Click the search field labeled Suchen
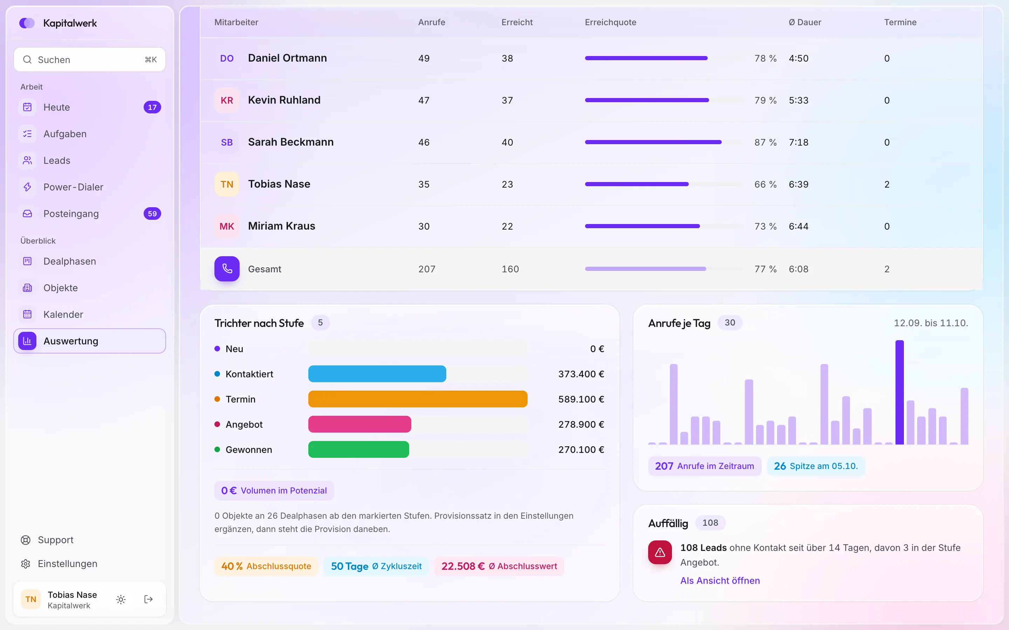90,59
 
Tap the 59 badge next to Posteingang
152,214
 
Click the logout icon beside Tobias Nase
149,599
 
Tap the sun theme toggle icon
121,599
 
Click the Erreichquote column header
610,22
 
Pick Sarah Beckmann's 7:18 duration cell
798,142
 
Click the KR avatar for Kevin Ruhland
227,100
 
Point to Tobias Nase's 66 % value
765,184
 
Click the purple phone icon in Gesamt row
227,269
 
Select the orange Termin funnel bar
418,399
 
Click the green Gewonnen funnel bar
358,450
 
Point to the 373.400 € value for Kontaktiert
581,374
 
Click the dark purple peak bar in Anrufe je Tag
900,392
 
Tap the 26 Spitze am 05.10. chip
816,466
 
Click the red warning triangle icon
660,553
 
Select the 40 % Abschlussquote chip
266,566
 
